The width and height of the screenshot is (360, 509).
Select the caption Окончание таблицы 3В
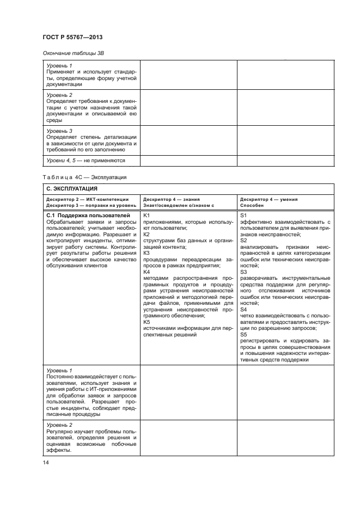click(73, 53)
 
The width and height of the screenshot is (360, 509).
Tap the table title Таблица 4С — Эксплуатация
click(84, 177)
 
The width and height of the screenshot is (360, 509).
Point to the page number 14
click(46, 463)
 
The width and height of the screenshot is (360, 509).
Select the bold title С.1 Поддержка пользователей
click(81, 216)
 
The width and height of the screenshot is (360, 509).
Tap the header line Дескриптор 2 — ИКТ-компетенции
click(88, 200)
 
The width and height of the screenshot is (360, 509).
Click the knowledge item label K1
click(146, 216)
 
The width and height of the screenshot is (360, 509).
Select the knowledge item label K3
click(146, 253)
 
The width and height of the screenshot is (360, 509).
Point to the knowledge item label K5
click(146, 322)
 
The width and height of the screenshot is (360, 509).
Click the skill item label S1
click(243, 216)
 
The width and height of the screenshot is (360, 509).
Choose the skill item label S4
click(243, 308)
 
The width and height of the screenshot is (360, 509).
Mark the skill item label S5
click(243, 335)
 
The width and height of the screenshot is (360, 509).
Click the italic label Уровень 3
click(59, 131)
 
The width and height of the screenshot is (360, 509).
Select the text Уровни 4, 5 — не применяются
click(86, 161)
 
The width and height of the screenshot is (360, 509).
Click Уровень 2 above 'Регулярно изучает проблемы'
click(59, 425)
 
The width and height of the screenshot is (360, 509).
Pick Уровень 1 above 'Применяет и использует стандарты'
click(59, 66)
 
